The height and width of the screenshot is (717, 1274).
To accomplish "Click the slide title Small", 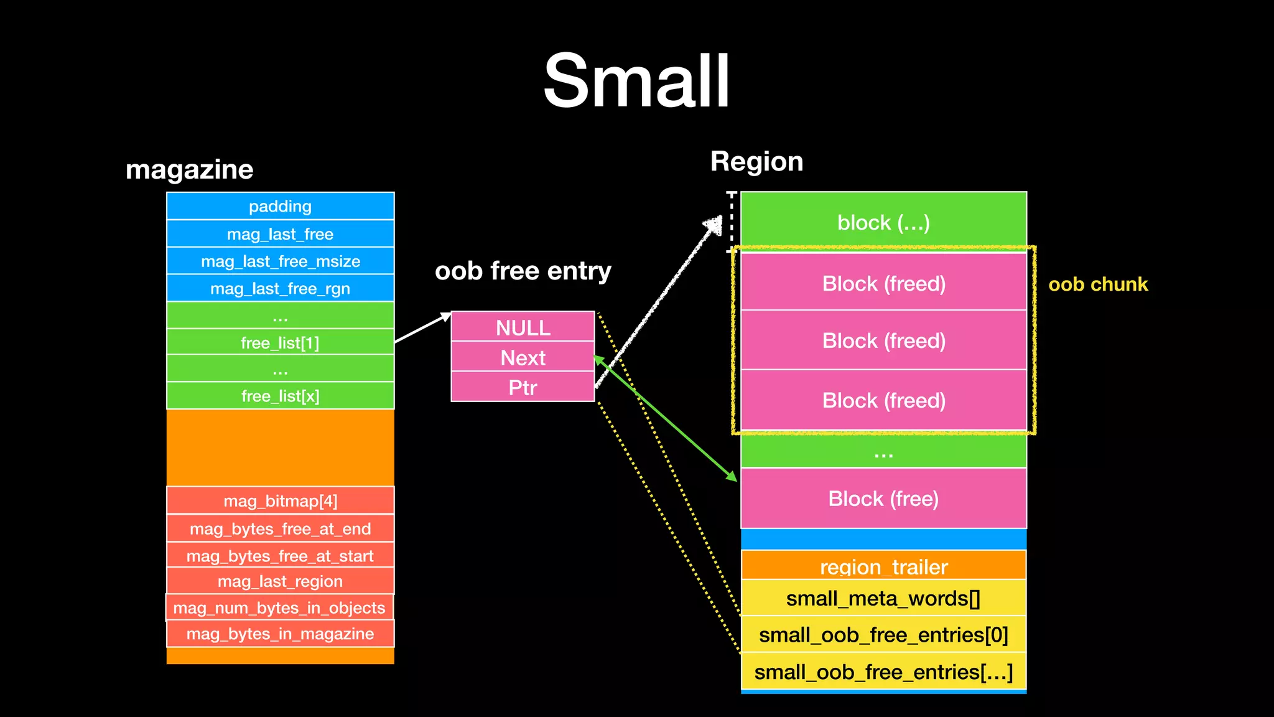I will click(636, 81).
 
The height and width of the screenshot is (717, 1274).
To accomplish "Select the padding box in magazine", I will click(280, 206).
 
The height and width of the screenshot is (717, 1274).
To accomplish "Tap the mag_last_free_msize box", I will click(280, 261).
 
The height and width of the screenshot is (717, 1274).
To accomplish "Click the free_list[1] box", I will click(280, 342).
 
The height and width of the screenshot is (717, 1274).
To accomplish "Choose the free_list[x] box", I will click(280, 396).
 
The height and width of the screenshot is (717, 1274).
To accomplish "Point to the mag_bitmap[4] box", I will click(280, 501).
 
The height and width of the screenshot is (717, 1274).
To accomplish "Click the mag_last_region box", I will click(280, 581).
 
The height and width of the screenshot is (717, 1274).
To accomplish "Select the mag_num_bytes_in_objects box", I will click(279, 607).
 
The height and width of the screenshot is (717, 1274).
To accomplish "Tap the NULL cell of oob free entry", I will click(523, 327).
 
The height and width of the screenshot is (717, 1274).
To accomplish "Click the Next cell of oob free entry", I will click(523, 357).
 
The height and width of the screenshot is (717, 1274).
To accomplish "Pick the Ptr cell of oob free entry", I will click(523, 387).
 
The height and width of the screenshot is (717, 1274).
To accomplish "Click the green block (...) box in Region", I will click(883, 222).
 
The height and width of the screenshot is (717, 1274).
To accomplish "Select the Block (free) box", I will click(883, 498).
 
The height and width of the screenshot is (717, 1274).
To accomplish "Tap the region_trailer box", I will click(883, 566).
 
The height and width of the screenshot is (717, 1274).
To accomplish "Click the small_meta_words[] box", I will click(883, 598).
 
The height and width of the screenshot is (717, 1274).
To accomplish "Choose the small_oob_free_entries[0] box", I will click(883, 635).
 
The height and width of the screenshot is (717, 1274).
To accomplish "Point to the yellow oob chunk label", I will click(1098, 284).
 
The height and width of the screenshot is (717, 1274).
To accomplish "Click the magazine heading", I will click(189, 169).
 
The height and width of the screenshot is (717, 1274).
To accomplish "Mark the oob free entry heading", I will click(523, 271).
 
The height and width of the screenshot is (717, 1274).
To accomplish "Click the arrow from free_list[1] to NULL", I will click(422, 328).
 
